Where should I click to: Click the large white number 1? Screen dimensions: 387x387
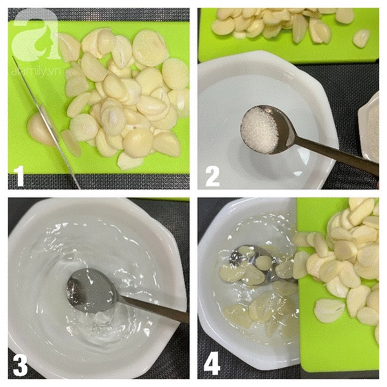tap(19, 176)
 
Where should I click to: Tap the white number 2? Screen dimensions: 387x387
tap(212, 176)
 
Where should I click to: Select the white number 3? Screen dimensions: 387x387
tap(20, 365)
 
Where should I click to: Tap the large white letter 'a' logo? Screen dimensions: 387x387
tap(35, 35)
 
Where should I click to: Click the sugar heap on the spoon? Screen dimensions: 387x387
tap(259, 131)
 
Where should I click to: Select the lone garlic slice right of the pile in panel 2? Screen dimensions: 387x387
tap(361, 38)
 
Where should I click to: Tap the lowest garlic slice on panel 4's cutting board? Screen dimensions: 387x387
tap(329, 310)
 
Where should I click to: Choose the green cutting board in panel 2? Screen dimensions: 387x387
tap(289, 35)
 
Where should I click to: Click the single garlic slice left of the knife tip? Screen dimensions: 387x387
tap(72, 143)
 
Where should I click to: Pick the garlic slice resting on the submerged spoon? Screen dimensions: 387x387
tap(264, 262)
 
